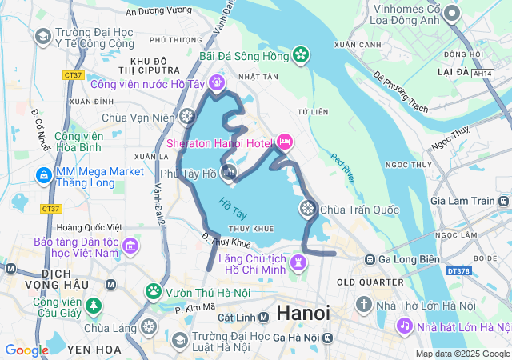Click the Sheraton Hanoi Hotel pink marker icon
click(284, 143)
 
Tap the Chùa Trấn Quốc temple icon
click(306, 210)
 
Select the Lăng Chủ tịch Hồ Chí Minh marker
click(298, 262)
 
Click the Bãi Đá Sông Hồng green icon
click(301, 55)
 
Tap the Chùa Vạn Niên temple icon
click(187, 118)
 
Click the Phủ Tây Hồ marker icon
click(230, 172)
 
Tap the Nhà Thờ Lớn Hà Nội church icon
click(363, 305)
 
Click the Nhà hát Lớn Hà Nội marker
click(404, 326)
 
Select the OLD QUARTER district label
click(370, 282)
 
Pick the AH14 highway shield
click(482, 73)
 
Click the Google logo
click(26, 350)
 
